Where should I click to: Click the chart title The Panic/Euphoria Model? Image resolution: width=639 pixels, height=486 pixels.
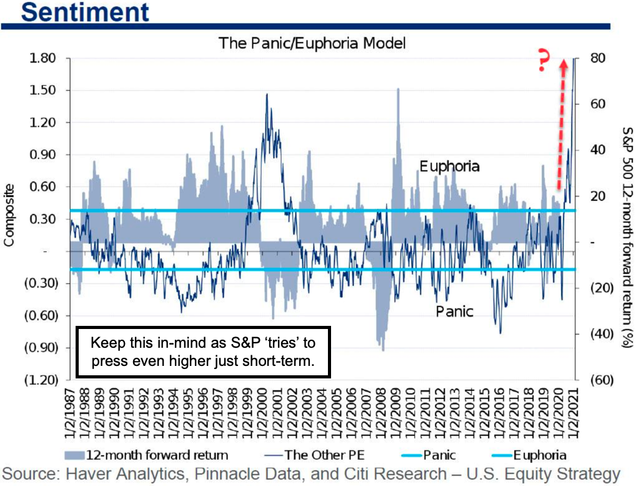tap(312, 43)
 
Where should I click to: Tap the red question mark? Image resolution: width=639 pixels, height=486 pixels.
tap(543, 62)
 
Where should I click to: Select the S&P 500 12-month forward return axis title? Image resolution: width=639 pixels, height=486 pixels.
tap(627, 219)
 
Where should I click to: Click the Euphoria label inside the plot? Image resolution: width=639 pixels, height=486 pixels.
tap(449, 166)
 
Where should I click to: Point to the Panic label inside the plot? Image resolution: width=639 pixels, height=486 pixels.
tap(453, 311)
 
